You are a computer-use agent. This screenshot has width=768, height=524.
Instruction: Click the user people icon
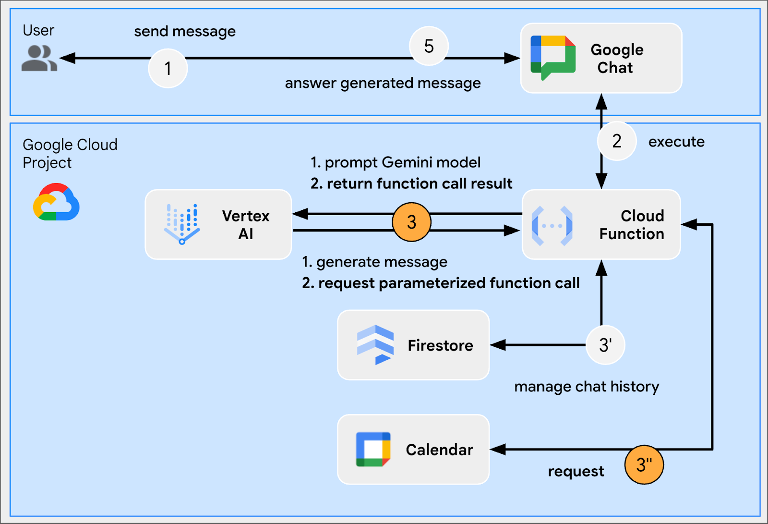tap(39, 58)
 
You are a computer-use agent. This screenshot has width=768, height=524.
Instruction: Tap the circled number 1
tap(168, 68)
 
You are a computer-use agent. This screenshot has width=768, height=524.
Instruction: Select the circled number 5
tap(429, 46)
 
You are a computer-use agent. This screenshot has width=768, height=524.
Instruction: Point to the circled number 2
tap(617, 141)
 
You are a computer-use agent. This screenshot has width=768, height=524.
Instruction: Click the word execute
tap(676, 142)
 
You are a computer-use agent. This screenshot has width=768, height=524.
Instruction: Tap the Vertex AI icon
tap(182, 224)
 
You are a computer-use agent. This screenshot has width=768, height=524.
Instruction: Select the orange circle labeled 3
tap(411, 222)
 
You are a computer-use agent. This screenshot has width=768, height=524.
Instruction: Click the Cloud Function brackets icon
tap(552, 225)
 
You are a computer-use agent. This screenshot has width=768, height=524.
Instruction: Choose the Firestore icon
tap(375, 345)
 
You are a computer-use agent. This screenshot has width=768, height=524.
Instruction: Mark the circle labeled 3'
tap(605, 345)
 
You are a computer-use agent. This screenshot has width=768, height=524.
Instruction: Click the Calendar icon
tap(373, 450)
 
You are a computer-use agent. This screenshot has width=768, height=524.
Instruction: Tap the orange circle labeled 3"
tap(644, 464)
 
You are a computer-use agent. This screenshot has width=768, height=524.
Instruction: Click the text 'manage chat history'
tap(587, 387)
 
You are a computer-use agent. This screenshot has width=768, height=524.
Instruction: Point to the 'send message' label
tap(185, 32)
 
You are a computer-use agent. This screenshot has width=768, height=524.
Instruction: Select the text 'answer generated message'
tap(383, 83)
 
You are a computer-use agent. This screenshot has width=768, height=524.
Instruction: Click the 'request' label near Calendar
tap(576, 471)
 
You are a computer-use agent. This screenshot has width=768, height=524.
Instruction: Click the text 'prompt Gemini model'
tap(402, 162)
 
